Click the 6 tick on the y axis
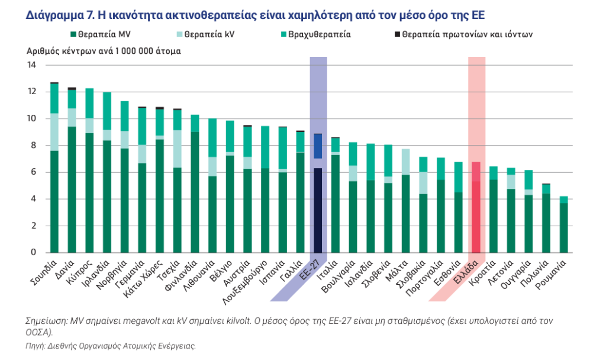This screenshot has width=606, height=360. tap(34, 172)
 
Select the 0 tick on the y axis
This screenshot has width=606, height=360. tap(34, 253)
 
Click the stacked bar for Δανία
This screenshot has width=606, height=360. tap(72, 172)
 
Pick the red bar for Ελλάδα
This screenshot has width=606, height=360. tap(476, 207)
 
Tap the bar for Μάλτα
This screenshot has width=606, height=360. tap(405, 201)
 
